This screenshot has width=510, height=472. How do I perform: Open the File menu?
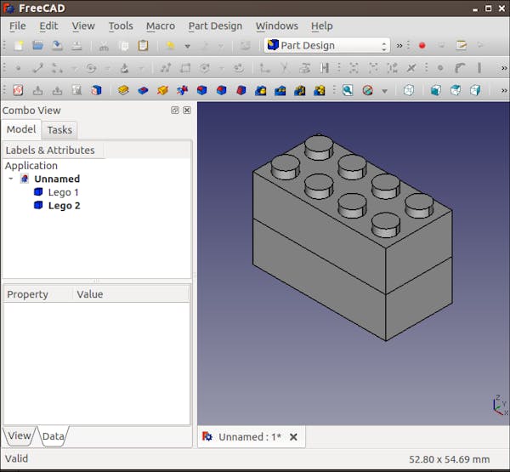17,26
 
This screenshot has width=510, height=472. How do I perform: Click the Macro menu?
160,26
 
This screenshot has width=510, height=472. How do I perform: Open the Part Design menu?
215,26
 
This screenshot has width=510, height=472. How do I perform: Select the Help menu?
321,26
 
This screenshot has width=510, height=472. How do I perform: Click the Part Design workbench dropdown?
326,45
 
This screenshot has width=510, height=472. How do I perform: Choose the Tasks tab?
59,130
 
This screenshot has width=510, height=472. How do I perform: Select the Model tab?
21,129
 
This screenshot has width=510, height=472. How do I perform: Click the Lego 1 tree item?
63,192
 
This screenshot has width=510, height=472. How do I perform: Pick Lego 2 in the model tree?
64,206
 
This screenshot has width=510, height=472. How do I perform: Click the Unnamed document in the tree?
56,179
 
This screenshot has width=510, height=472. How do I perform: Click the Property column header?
27,294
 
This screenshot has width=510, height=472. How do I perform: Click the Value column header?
89,294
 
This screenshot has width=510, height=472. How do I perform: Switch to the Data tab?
53,436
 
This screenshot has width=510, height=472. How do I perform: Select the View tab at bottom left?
19,435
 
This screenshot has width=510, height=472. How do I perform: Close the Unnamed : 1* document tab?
293,437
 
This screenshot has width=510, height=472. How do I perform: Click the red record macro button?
422,45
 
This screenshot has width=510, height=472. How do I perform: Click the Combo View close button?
187,111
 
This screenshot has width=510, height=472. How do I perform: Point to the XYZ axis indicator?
499,405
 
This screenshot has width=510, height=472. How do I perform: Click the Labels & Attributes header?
49,151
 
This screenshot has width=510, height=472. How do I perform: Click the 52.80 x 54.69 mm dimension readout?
449,459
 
